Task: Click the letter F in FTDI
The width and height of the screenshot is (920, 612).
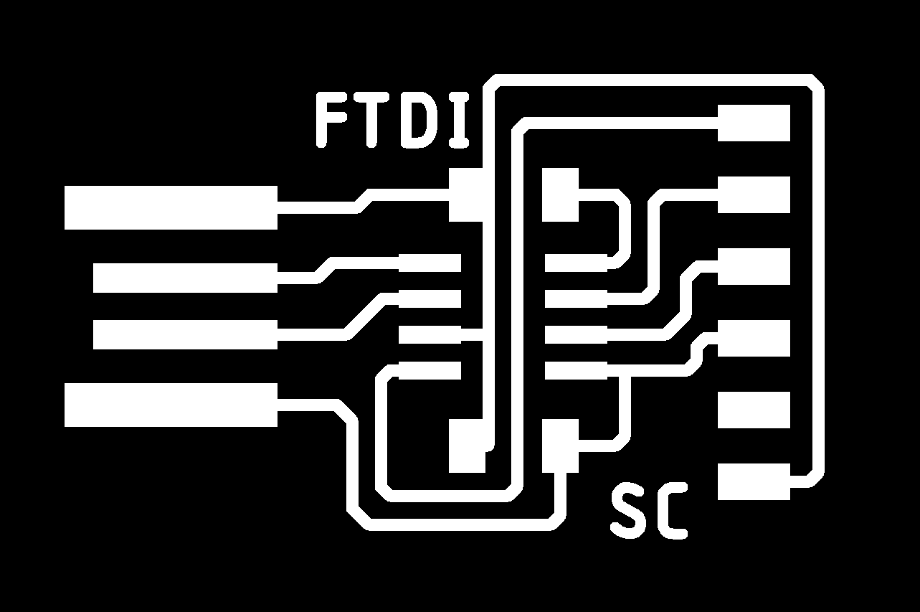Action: pos(331,120)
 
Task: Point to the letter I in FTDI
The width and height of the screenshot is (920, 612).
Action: pos(459,120)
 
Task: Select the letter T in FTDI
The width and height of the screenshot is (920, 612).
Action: pos(371,120)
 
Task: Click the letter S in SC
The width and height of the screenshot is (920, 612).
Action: pos(627,510)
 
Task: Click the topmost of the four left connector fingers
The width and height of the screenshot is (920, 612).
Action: pos(171,207)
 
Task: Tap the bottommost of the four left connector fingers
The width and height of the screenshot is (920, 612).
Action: pos(171,405)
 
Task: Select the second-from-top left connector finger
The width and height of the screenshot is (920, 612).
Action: pos(185,278)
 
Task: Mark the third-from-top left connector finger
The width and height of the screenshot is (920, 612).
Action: pos(185,334)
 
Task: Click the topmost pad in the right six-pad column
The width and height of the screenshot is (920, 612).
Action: pos(754,123)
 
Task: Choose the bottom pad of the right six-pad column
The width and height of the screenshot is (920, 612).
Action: pos(754,481)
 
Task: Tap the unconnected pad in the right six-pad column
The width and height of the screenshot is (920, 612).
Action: pos(754,410)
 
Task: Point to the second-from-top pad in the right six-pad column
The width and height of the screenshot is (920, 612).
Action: pos(754,195)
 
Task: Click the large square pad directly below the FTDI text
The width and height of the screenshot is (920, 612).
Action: pos(466,195)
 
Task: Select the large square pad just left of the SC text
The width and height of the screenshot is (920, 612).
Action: pos(560,446)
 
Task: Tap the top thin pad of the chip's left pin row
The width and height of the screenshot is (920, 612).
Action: pos(430,263)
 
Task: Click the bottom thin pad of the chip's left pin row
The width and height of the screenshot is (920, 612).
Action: pos(430,370)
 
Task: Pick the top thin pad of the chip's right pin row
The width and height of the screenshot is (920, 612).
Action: pos(576,263)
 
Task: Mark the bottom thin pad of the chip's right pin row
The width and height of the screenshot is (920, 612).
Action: pos(576,370)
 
